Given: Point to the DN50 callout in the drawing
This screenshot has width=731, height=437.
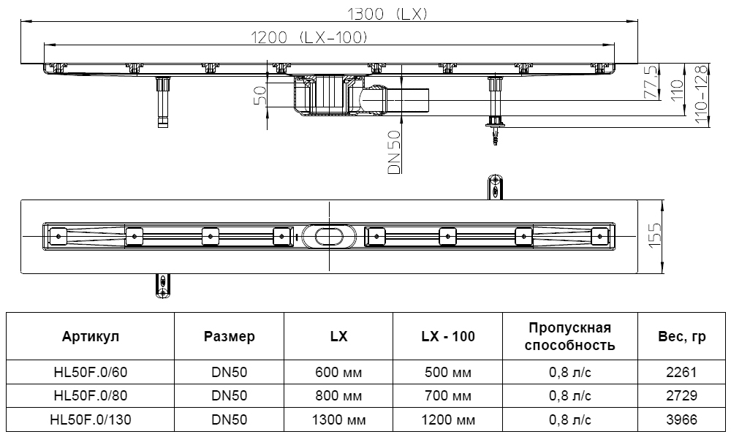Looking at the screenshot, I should point(394,152).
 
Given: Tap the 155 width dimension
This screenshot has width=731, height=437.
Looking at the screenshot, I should point(655,236).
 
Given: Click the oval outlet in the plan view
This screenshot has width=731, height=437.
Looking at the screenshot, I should point(330,235).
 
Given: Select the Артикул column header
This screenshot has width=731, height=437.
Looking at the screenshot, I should point(91,337).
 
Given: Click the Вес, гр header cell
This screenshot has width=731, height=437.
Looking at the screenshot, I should point(682,337).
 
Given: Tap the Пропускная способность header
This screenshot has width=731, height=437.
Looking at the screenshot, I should point(569,337).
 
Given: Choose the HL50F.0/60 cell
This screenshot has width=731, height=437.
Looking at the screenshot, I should point(91,372).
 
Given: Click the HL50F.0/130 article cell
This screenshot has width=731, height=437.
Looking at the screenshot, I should point(91,419).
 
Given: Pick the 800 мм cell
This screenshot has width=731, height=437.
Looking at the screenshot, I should point(338,395).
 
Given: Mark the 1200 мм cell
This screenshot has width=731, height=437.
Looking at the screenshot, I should point(448,419).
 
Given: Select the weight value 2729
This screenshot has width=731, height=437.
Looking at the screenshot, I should point(682,395).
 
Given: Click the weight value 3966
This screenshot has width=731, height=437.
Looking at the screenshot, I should point(682,419).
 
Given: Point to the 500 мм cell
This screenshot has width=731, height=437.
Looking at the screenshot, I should point(448,372).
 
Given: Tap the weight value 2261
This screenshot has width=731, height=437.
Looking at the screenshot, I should point(682,372).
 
